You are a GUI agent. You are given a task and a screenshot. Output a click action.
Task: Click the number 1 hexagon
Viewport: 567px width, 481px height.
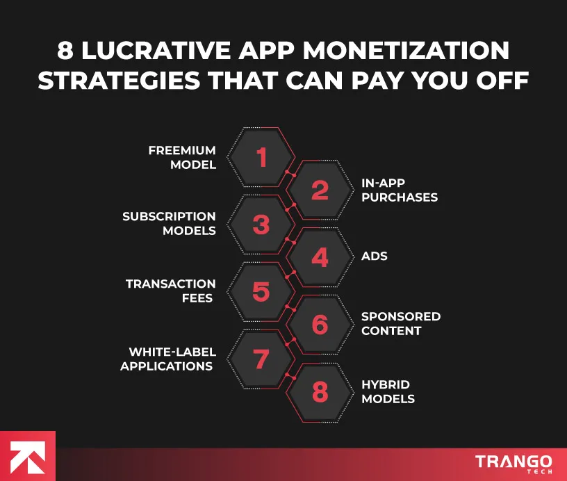[261, 158]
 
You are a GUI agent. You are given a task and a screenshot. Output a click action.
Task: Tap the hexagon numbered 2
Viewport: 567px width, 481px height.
[319, 190]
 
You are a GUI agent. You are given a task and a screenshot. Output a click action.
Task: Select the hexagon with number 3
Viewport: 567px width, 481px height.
[261, 225]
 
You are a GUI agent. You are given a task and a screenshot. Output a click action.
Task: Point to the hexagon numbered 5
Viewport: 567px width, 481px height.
[261, 291]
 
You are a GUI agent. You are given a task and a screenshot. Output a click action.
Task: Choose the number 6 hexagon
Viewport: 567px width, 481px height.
[319, 324]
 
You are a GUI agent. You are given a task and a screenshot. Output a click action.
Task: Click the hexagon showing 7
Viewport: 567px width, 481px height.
[261, 359]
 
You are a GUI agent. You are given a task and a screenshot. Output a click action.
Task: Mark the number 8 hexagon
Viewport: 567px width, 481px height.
[319, 392]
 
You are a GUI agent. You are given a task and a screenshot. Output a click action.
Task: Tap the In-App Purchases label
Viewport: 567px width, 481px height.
[399, 190]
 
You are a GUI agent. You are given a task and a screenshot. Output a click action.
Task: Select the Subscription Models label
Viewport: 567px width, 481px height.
[169, 224]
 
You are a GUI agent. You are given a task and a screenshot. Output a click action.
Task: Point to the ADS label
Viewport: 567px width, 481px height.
[374, 256]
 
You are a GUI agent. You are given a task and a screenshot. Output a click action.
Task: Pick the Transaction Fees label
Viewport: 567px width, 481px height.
[170, 291]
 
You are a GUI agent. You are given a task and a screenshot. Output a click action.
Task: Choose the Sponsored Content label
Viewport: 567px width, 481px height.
[400, 323]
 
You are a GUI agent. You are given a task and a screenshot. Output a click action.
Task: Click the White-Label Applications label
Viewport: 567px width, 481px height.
[167, 359]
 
